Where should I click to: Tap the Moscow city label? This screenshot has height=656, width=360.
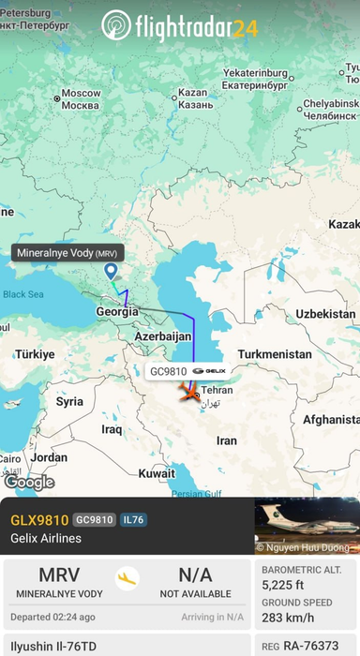pos(80,99)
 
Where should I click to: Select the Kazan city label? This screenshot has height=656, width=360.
pos(191,97)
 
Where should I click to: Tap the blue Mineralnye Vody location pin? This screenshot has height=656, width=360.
pos(112,271)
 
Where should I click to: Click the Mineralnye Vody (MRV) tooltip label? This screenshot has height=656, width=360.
pos(67,252)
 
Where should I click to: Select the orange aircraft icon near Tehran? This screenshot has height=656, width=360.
pos(190,396)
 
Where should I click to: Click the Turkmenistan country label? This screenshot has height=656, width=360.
pos(275,354)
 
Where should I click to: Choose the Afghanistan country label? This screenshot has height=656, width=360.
pos(322,421)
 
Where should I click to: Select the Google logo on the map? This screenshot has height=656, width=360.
pos(28,482)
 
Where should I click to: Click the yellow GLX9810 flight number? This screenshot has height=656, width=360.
pos(39,520)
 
